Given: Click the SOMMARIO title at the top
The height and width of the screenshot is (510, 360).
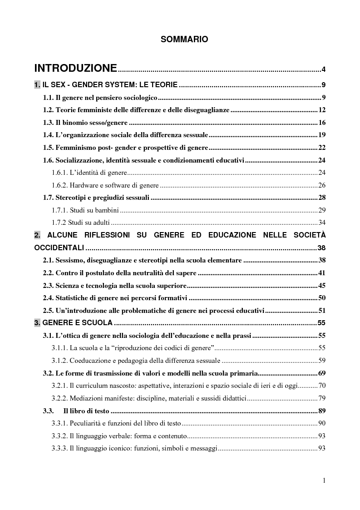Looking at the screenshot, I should tap(184, 40).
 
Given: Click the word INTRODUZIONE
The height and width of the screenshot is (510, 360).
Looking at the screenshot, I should tap(76, 69).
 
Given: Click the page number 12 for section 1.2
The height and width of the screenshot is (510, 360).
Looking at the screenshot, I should tap(322, 110).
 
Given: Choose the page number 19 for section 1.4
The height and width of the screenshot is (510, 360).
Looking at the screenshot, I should tap(322, 135).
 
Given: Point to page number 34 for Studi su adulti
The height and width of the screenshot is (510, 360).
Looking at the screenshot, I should tap(322, 223).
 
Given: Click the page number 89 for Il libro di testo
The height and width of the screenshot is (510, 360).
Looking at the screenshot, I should tap(322, 411).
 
